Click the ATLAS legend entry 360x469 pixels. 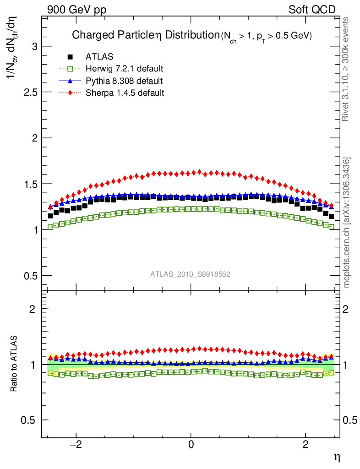[x=99, y=57]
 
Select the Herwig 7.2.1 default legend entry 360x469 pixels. [x=124, y=69]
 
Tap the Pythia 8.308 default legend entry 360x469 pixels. [x=124, y=81]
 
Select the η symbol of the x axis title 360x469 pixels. [x=337, y=457]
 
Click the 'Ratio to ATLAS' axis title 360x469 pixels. [x=15, y=364]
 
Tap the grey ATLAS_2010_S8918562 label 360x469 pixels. [x=190, y=274]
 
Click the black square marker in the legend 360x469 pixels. [x=70, y=57]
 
